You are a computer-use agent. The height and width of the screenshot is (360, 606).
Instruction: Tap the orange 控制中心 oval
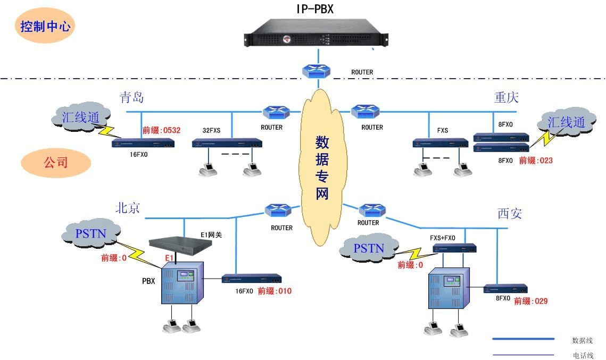pos(45,26)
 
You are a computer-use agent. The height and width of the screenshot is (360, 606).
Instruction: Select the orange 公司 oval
pos(55,162)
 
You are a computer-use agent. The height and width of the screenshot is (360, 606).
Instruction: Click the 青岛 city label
pos(131,97)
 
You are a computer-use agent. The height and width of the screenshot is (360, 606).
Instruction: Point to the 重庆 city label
pos(507,97)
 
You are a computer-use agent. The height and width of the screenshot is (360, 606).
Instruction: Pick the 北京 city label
pos(128,208)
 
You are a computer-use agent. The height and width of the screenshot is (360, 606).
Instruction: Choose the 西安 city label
pos(510,214)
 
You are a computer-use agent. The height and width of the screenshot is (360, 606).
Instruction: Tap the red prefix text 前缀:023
pos(536,160)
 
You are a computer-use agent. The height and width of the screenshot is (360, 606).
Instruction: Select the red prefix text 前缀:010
pos(275,291)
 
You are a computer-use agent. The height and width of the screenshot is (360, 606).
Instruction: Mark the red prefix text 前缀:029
pos(530,301)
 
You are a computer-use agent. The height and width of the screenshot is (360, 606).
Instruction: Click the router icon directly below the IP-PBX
pos(318,71)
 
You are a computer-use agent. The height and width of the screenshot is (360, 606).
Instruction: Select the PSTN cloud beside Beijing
pos(90,233)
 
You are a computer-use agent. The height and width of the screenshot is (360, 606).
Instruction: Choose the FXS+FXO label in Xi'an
pos(443,238)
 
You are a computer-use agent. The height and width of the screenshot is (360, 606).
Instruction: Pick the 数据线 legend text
pos(582,340)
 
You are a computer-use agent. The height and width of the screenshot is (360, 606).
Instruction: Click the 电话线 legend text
pos(582,355)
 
